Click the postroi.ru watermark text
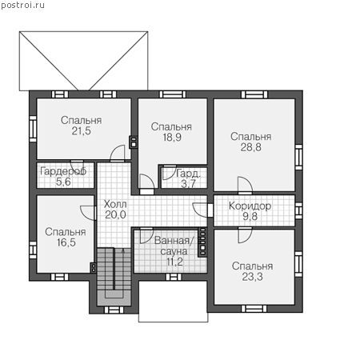(x=22, y=6)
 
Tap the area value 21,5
(x=82, y=131)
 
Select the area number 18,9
(x=172, y=138)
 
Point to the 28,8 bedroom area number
(x=251, y=147)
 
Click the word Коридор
(x=250, y=206)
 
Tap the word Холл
(x=115, y=204)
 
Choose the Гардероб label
(x=63, y=171)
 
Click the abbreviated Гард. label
(x=188, y=174)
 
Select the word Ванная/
(x=175, y=241)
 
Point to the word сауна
(x=174, y=251)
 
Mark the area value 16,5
(x=66, y=242)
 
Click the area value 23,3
(x=252, y=277)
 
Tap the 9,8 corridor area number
(x=250, y=216)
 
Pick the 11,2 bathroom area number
(x=175, y=262)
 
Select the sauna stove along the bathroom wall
(x=202, y=242)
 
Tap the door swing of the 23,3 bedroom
(x=245, y=235)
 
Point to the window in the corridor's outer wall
(x=298, y=210)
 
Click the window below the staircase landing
(x=114, y=310)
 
